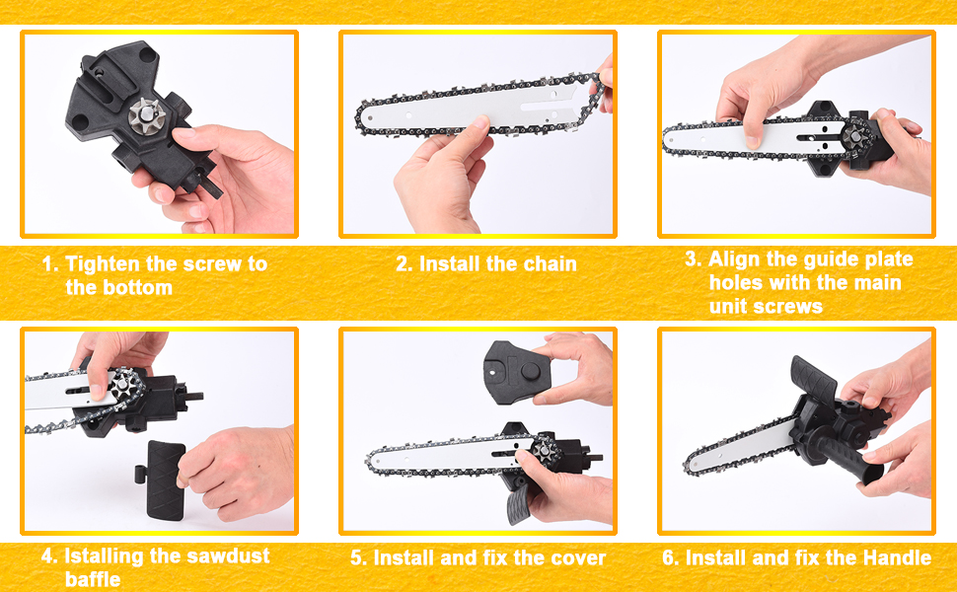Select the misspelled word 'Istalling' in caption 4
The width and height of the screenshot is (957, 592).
point(105,555)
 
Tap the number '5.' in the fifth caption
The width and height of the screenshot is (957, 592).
point(359,558)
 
